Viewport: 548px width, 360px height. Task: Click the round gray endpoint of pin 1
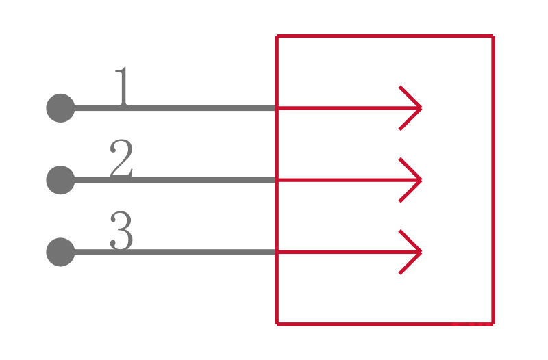[60, 108]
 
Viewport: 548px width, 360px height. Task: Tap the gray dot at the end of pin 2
[60, 180]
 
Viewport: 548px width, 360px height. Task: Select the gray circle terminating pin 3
[60, 252]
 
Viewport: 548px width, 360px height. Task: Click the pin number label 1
[122, 87]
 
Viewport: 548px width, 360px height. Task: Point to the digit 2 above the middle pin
[121, 159]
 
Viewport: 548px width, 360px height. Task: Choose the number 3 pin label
[121, 231]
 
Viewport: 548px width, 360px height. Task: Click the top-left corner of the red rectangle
[277, 36]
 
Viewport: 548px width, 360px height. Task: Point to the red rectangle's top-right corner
[493, 36]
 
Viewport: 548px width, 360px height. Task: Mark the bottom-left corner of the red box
[277, 323]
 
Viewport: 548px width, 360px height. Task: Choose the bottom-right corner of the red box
[493, 323]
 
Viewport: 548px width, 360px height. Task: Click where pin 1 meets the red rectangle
[277, 108]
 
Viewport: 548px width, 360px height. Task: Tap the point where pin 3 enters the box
[277, 252]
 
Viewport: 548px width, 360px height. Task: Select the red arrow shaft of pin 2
[342, 180]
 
